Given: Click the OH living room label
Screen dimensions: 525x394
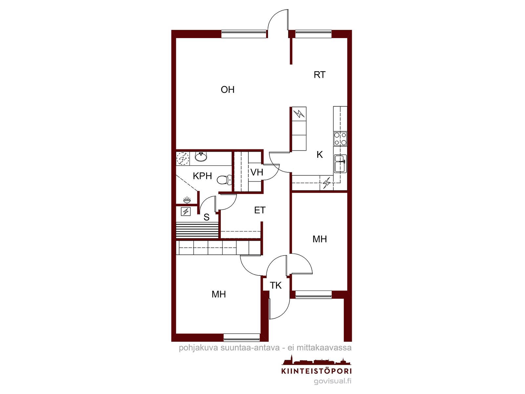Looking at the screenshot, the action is (x=227, y=90).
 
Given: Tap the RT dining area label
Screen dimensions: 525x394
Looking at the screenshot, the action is (x=320, y=75).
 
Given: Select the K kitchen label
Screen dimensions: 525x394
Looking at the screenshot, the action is (x=320, y=155).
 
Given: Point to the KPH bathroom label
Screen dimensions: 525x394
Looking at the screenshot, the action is (x=202, y=176).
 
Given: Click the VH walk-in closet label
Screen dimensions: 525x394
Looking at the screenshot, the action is (x=257, y=172).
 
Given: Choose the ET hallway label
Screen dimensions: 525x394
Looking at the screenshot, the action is (x=260, y=210).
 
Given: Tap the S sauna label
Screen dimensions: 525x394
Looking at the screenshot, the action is (x=206, y=217).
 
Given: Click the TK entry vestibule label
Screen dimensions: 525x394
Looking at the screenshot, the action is (x=276, y=285).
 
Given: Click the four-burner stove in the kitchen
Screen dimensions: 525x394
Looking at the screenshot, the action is (x=340, y=139).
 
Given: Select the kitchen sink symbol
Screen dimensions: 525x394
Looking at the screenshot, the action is (x=340, y=164).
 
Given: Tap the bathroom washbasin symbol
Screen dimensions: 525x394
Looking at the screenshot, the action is (x=201, y=157).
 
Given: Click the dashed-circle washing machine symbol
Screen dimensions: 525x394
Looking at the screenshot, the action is (x=183, y=159).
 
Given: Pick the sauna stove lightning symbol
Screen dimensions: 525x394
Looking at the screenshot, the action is (x=186, y=211).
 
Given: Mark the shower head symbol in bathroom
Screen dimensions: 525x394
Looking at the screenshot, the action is (x=187, y=200).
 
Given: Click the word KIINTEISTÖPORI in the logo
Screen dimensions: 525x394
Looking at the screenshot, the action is (x=316, y=371).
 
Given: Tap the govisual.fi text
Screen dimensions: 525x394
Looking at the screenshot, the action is (x=333, y=381).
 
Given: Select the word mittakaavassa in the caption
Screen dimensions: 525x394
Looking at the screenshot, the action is (x=324, y=348).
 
